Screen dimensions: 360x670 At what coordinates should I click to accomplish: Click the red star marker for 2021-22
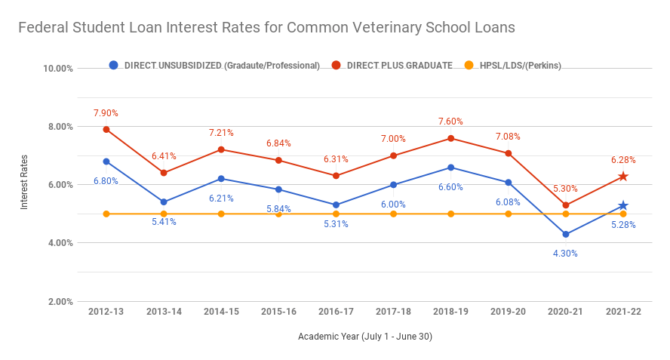(623, 177)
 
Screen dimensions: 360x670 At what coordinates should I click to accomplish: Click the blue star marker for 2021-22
(623, 205)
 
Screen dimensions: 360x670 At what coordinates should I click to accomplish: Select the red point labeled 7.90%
(106, 129)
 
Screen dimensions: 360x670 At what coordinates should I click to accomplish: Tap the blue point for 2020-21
(566, 234)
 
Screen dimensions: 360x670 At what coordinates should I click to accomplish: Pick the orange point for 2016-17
(336, 214)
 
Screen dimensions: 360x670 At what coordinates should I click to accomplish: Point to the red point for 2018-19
(450, 138)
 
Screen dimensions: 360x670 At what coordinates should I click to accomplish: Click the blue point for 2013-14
(164, 202)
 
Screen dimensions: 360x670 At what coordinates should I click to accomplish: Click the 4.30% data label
(565, 254)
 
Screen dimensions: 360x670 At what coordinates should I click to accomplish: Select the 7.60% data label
(450, 122)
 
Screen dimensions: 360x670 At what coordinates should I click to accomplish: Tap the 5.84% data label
(278, 208)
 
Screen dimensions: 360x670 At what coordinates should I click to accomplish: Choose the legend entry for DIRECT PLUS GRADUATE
(392, 66)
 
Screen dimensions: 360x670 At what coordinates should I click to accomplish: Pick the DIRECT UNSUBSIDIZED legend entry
(215, 66)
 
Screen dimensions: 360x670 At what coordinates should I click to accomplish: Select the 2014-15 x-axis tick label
(221, 312)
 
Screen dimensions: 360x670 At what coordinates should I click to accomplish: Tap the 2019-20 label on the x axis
(508, 312)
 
